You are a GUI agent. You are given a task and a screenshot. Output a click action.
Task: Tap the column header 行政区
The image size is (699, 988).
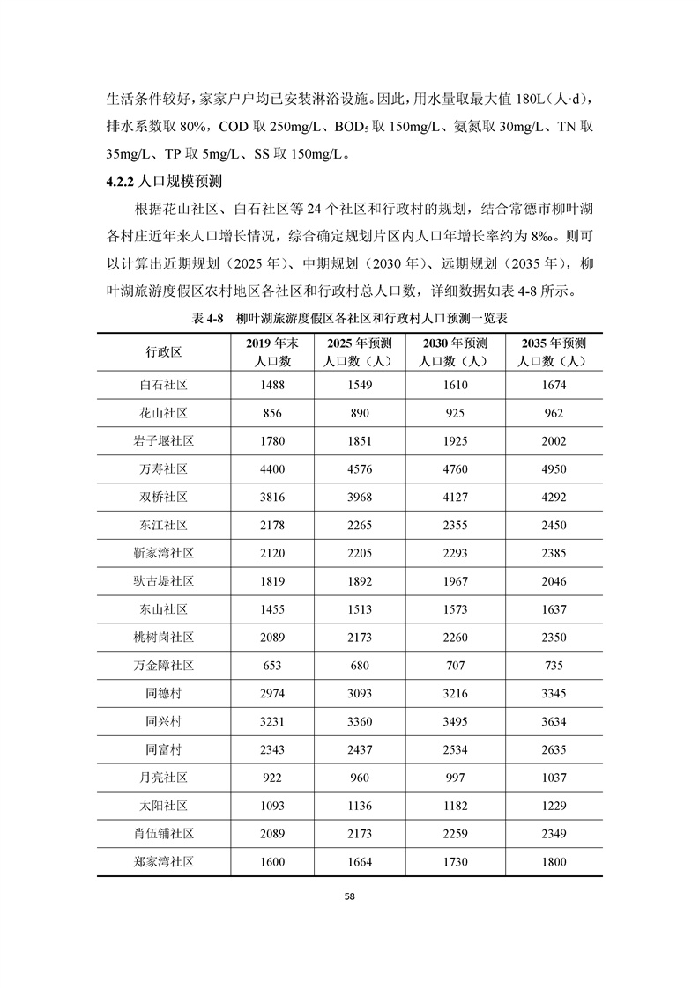click(x=163, y=351)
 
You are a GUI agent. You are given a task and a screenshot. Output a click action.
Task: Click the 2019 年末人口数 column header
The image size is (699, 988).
click(x=272, y=351)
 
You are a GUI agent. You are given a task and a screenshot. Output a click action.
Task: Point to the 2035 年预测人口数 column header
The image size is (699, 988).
click(x=554, y=351)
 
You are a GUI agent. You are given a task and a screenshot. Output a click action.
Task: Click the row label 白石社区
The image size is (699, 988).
click(x=163, y=385)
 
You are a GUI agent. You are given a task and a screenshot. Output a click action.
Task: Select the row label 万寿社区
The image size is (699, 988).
click(x=163, y=469)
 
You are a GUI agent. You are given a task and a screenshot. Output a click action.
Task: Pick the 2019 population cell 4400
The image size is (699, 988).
click(x=272, y=469)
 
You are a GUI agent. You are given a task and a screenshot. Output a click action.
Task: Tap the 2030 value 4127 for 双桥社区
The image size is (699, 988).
click(x=455, y=498)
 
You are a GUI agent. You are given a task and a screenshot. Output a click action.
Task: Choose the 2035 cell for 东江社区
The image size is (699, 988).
click(x=554, y=526)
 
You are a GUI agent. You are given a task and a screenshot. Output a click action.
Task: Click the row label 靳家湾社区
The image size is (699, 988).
click(x=163, y=554)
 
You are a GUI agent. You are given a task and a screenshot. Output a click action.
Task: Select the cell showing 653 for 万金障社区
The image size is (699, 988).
click(x=272, y=666)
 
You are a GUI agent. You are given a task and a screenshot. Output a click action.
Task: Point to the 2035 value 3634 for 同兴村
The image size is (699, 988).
click(x=554, y=722)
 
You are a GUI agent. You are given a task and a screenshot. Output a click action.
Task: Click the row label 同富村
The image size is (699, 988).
click(x=163, y=750)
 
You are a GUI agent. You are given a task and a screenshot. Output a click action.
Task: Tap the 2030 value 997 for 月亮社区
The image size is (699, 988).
click(x=455, y=778)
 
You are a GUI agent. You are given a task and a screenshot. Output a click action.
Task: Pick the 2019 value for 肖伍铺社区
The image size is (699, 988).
click(x=272, y=834)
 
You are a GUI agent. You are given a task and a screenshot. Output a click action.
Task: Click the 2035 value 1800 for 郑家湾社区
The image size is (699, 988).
click(x=554, y=862)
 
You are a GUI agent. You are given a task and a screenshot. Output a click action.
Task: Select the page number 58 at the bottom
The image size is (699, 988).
click(x=349, y=896)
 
